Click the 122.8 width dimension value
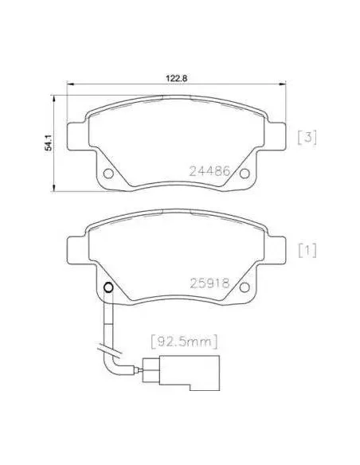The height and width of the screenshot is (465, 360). click(x=176, y=79)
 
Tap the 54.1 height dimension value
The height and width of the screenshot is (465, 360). click(x=48, y=143)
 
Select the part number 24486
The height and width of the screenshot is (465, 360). click(x=209, y=171)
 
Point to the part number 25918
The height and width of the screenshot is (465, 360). click(x=209, y=283)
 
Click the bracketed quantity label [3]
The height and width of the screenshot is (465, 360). click(x=307, y=138)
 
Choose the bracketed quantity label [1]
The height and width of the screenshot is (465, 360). click(x=307, y=251)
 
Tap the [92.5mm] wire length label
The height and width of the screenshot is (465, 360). click(x=185, y=342)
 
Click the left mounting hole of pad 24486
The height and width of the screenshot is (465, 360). click(x=108, y=174)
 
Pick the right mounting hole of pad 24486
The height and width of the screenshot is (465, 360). click(x=245, y=174)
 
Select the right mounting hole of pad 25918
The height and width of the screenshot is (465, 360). click(x=245, y=287)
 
